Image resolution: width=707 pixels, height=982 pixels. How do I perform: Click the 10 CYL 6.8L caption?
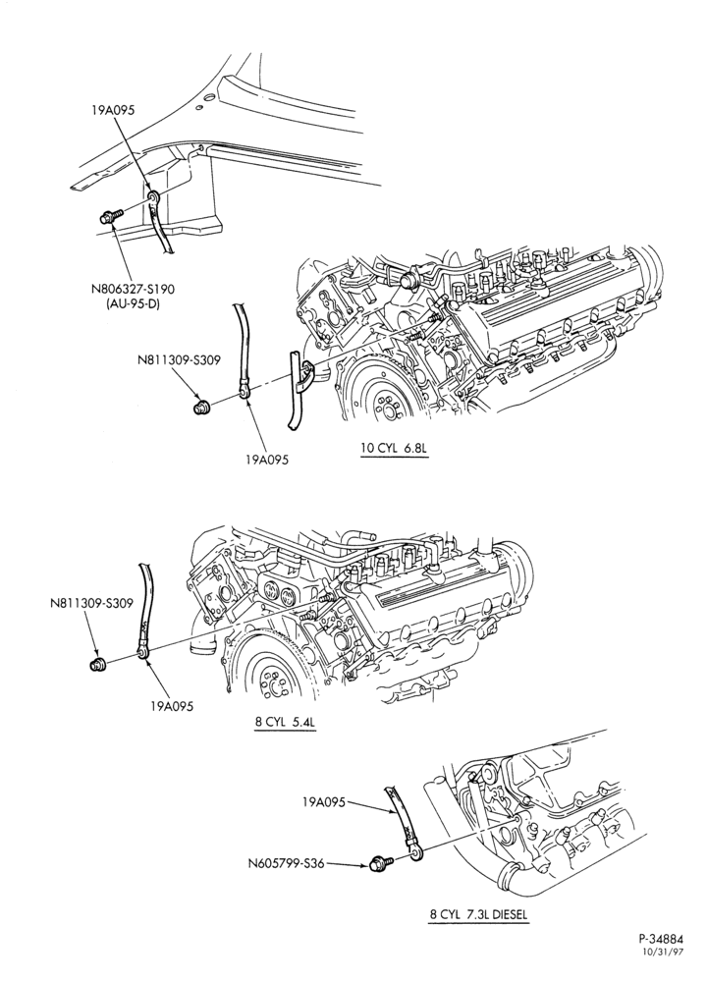[x=394, y=449]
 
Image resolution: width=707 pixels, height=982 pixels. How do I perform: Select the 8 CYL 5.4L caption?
[x=286, y=720]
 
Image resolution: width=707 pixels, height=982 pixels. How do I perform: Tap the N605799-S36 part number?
[x=285, y=863]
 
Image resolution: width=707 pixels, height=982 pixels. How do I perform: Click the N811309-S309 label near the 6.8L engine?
[x=179, y=360]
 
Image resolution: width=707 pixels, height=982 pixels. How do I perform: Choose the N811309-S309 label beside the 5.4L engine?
[x=91, y=604]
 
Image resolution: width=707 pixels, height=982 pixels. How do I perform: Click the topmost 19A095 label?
[x=113, y=110]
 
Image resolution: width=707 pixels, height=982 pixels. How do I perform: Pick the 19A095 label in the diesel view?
[x=323, y=801]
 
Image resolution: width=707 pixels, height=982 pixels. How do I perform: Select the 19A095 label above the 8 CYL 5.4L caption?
[x=172, y=706]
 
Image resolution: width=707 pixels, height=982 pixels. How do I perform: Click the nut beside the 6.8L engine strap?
[x=201, y=408]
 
